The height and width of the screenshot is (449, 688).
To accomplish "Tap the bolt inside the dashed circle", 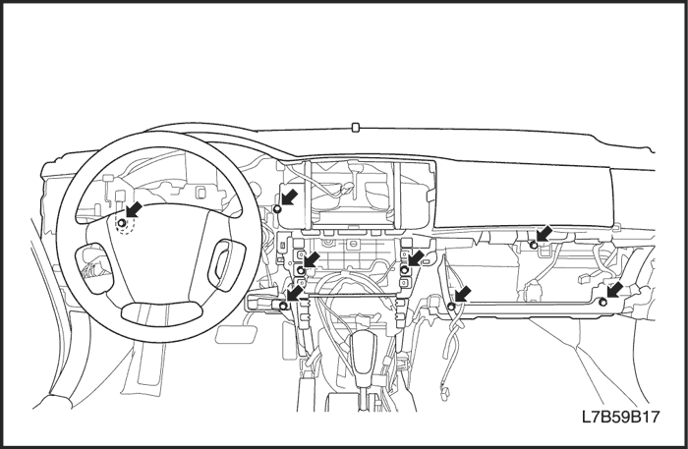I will click(122, 224).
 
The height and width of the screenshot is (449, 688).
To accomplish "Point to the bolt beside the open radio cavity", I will click(278, 209).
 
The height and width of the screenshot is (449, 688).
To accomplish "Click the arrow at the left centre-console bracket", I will click(311, 258).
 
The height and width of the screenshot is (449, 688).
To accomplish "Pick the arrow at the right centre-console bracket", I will click(416, 257).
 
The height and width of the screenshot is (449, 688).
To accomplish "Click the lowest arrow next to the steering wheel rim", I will click(294, 294).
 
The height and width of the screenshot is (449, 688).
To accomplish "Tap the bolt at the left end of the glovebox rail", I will click(451, 306).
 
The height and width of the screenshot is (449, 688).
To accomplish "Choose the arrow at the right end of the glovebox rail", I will click(614, 290).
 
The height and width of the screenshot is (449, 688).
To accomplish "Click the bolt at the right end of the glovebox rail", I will click(603, 301).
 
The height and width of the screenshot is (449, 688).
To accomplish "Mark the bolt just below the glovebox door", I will click(533, 244).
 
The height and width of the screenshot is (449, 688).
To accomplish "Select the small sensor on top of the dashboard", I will click(354, 126).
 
